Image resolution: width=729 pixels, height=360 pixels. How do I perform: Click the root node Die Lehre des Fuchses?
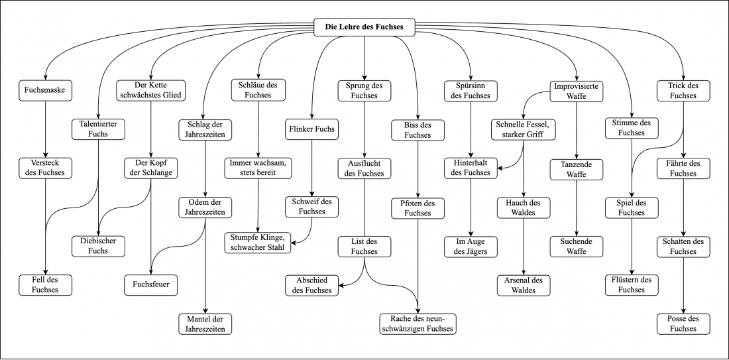tap(364, 27)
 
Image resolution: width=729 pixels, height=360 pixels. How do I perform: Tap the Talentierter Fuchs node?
tap(99, 129)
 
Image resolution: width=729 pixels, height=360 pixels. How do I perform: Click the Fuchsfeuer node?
tap(152, 284)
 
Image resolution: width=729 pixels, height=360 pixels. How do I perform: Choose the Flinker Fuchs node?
tap(312, 129)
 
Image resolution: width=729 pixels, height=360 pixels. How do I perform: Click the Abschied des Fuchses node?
tap(312, 284)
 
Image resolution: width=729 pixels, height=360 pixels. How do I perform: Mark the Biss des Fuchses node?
tap(418, 129)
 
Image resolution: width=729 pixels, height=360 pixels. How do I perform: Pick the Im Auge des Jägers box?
tap(471, 245)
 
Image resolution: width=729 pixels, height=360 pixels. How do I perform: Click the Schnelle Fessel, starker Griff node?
tap(524, 129)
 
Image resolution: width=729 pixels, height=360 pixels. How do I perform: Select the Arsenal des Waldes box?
tap(524, 284)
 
